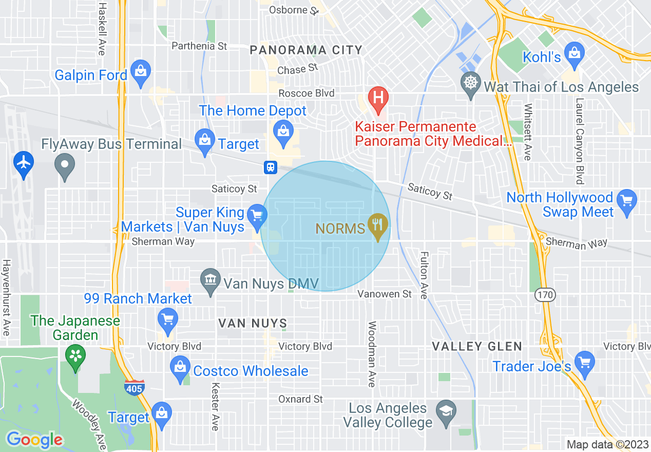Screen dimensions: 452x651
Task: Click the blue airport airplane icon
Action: coord(24,163)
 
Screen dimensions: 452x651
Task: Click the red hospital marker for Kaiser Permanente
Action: coord(378,98)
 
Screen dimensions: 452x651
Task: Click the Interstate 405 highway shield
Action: coord(134,388)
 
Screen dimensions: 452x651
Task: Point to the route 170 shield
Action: coord(543,295)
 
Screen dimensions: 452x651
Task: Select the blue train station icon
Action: coord(271,167)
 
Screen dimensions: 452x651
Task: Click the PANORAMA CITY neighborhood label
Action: coord(306,50)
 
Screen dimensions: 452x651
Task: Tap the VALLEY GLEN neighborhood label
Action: coord(476,347)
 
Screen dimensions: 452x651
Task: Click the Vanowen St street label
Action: coord(385,294)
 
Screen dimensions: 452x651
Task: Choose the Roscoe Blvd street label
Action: coord(307,93)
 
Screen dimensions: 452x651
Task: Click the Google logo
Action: coord(34,440)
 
